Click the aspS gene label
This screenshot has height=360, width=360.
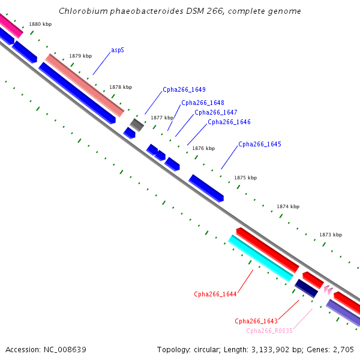118,50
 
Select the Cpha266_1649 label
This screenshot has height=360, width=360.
184,90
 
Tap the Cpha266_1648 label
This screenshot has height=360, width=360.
203,103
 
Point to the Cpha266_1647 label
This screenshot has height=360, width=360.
216,113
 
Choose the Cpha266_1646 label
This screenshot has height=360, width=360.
229,122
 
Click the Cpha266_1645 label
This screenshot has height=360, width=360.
260,145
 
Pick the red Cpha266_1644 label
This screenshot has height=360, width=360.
215,295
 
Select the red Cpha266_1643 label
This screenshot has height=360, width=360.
256,322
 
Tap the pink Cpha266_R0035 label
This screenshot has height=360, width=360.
269,331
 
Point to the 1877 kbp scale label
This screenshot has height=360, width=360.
162,118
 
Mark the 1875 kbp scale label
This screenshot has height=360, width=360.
245,178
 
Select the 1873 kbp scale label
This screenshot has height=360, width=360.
331,235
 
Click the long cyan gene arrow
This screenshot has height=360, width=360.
260,258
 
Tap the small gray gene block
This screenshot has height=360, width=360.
137,125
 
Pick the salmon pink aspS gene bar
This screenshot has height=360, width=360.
85,85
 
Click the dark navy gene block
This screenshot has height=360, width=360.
306,288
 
